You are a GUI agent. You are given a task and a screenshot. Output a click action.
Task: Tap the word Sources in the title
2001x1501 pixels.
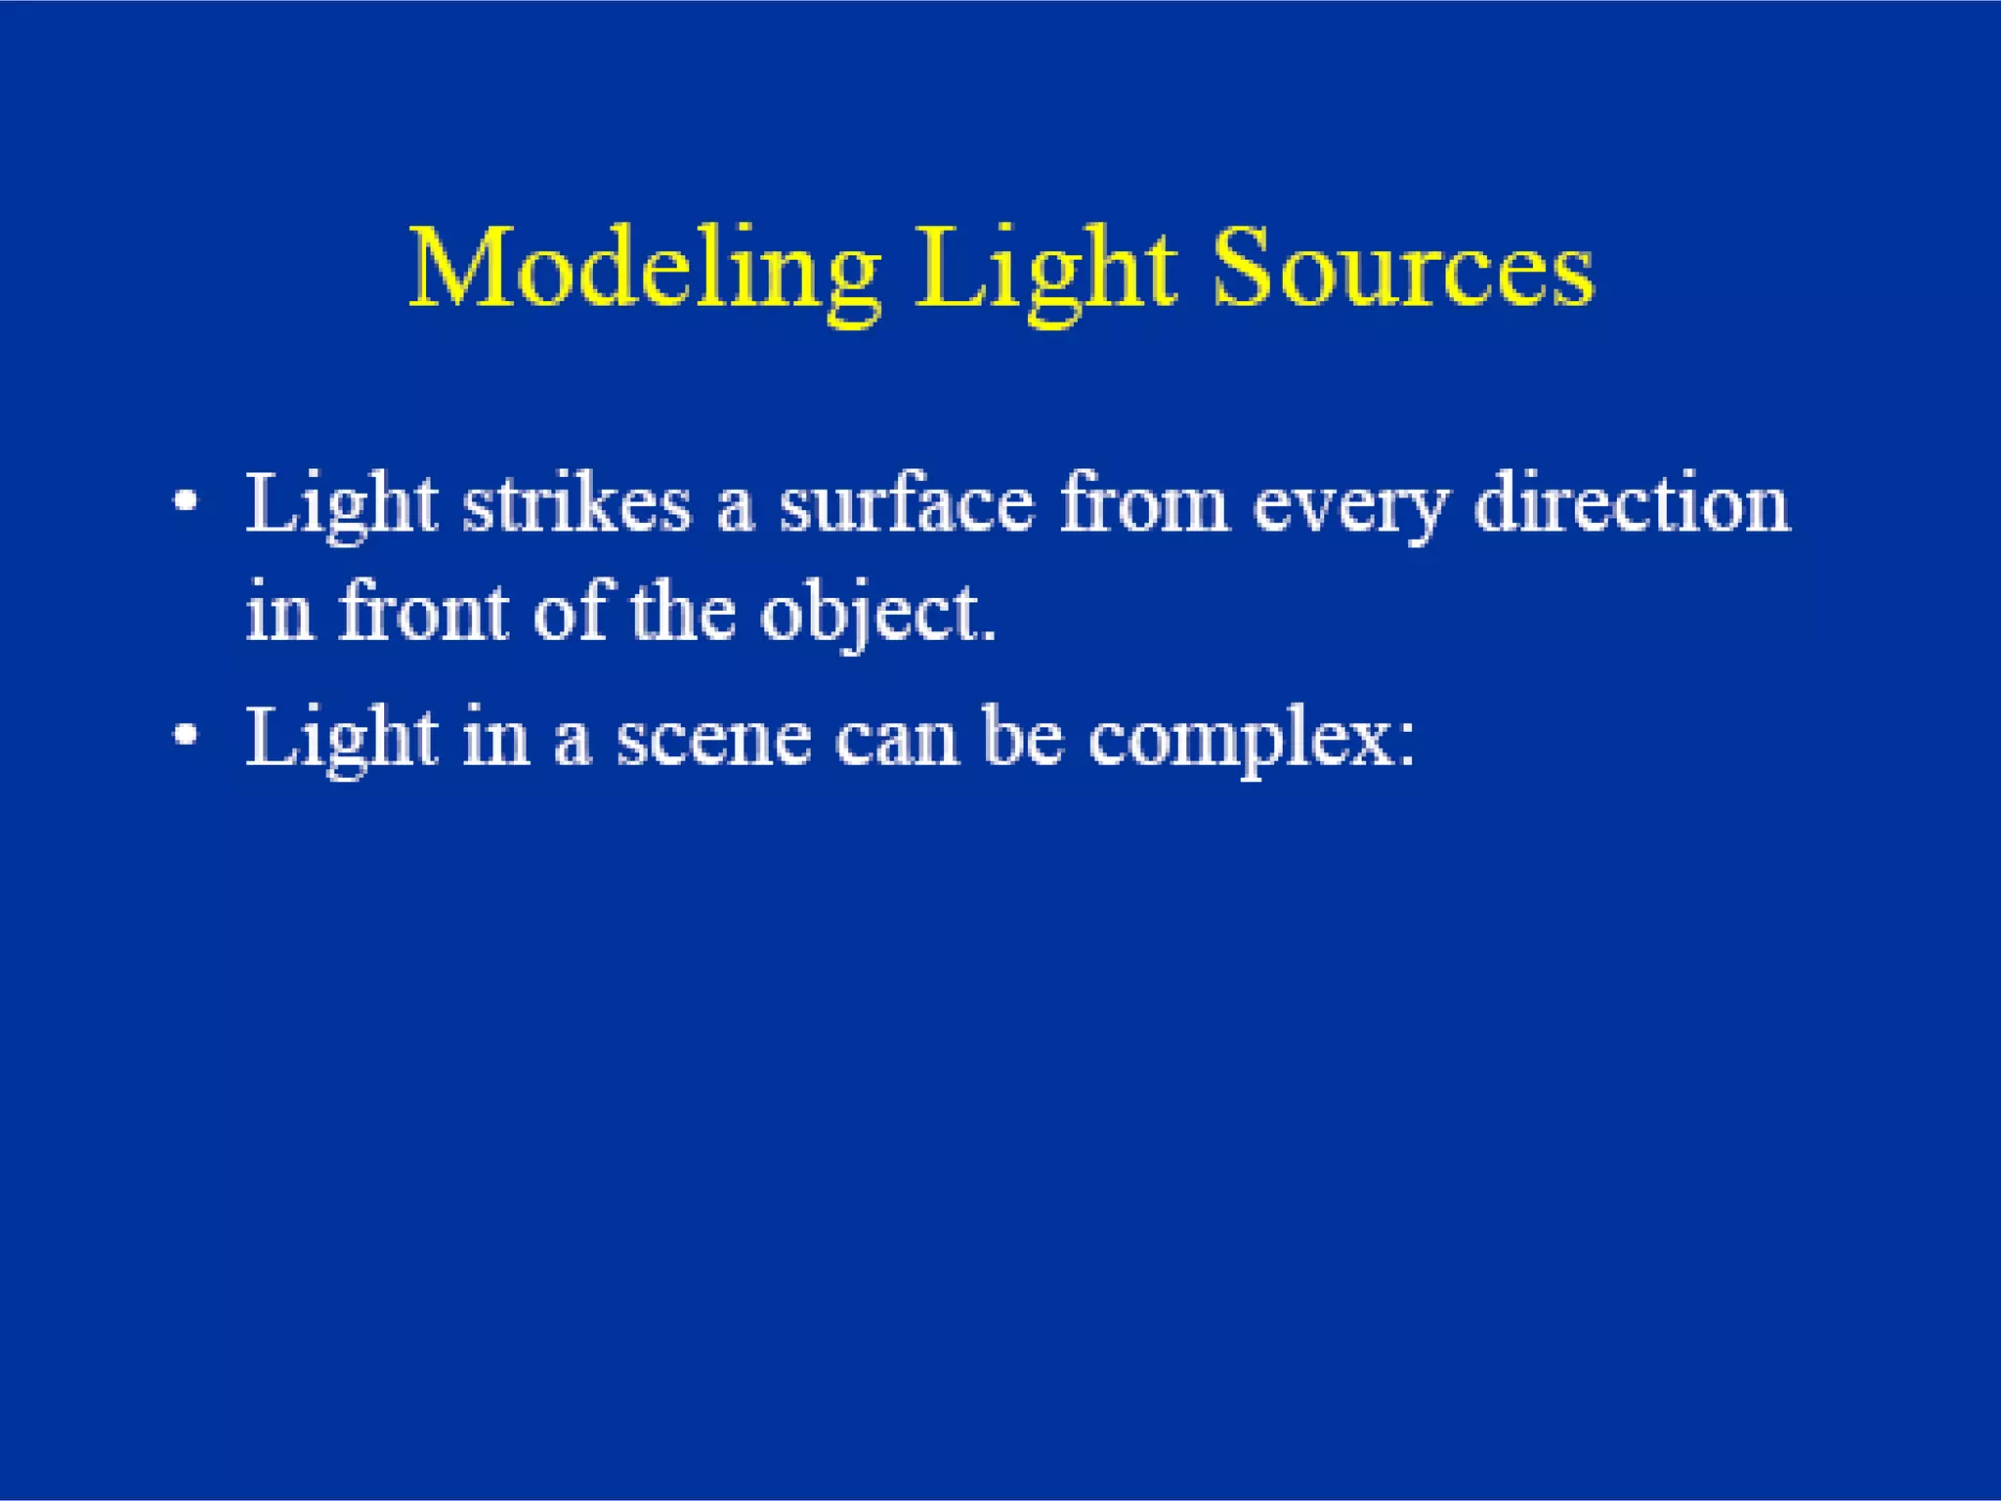(1403, 270)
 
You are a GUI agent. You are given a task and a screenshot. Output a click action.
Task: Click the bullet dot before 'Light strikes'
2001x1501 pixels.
(185, 504)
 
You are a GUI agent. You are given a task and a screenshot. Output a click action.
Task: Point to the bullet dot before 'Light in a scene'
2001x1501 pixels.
(185, 736)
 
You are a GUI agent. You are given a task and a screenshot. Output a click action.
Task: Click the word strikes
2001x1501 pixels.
(576, 504)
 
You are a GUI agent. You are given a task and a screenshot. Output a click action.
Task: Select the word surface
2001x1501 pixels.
(906, 504)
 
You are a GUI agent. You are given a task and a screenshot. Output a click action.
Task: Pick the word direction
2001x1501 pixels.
(1632, 504)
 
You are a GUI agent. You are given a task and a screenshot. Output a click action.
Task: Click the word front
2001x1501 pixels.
(423, 612)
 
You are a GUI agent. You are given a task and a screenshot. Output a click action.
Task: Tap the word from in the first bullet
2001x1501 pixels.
(1143, 504)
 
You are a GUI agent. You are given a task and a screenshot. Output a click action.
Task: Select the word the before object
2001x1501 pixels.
(683, 612)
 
